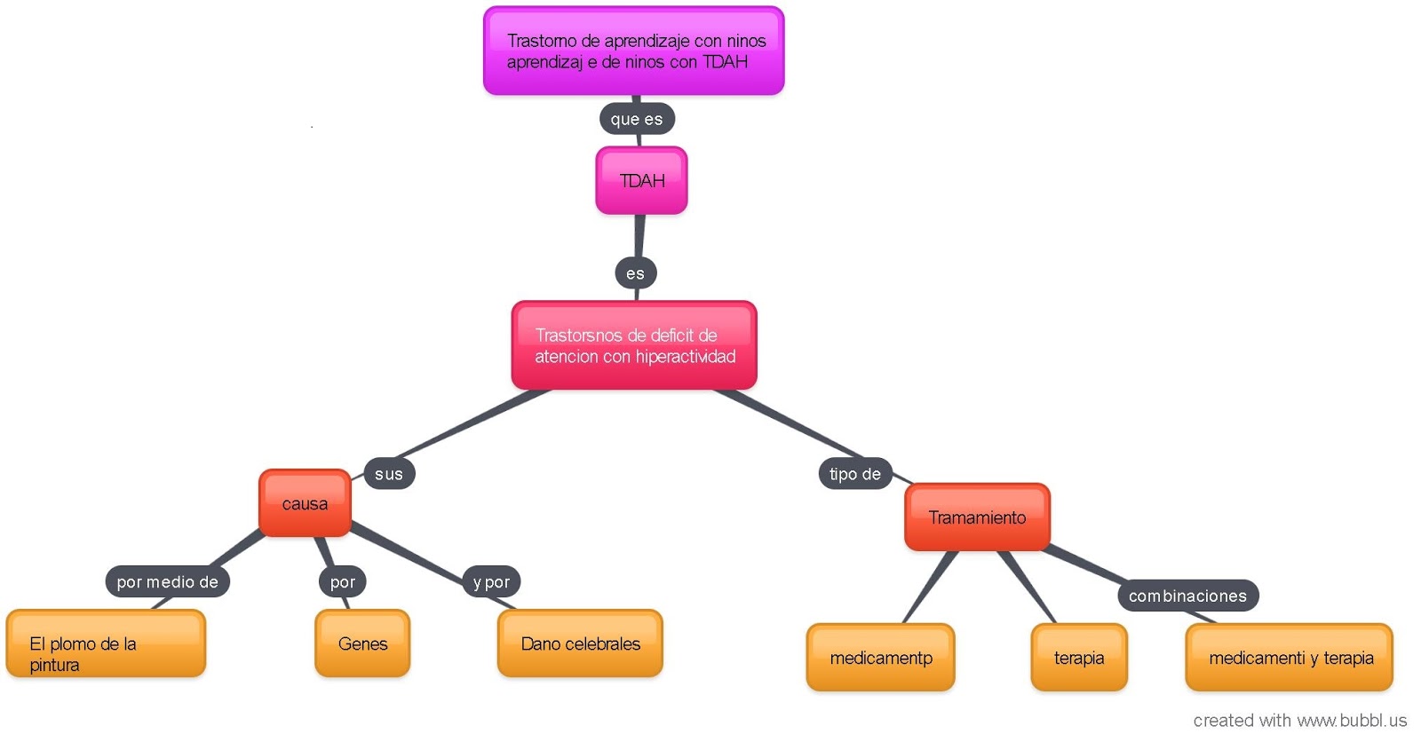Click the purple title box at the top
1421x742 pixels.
633,51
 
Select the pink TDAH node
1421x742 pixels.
641,181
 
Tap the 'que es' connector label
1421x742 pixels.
637,119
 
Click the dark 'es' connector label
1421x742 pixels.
635,273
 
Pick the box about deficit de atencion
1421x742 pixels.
633,345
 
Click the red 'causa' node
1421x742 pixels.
305,504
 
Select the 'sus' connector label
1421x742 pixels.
389,474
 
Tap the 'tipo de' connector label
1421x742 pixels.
854,474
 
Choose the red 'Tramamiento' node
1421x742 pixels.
977,517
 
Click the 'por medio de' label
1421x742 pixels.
167,582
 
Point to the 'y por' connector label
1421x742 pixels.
491,582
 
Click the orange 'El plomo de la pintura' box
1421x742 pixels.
106,644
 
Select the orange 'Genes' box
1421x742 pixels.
362,644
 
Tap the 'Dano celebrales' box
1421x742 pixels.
580,644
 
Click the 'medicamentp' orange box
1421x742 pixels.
880,658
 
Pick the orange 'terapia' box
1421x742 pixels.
1079,658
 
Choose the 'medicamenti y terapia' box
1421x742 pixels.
1290,658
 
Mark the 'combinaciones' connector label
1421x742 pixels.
1187,596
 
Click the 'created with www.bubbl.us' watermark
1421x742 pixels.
1299,721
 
